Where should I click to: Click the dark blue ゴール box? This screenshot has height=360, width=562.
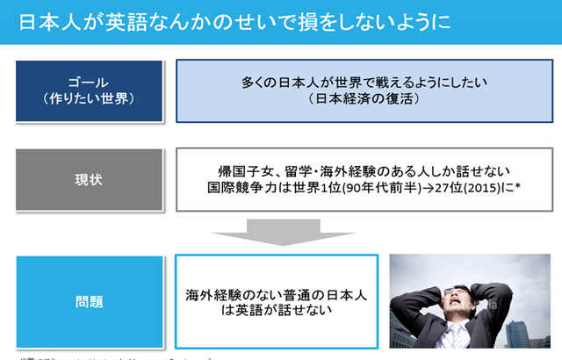point(89,90)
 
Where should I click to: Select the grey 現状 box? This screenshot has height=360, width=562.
point(89,180)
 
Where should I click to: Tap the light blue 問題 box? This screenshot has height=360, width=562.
point(89,301)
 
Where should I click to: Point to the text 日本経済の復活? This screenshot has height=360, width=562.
point(364,99)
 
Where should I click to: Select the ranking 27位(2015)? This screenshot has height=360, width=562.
point(475,188)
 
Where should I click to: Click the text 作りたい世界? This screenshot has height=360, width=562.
point(89,99)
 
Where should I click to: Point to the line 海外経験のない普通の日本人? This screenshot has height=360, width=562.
point(275,294)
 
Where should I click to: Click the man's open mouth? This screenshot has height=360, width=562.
point(459,309)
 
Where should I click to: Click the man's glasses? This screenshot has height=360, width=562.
point(459,292)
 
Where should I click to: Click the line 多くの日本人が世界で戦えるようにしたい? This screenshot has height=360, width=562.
point(364,82)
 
